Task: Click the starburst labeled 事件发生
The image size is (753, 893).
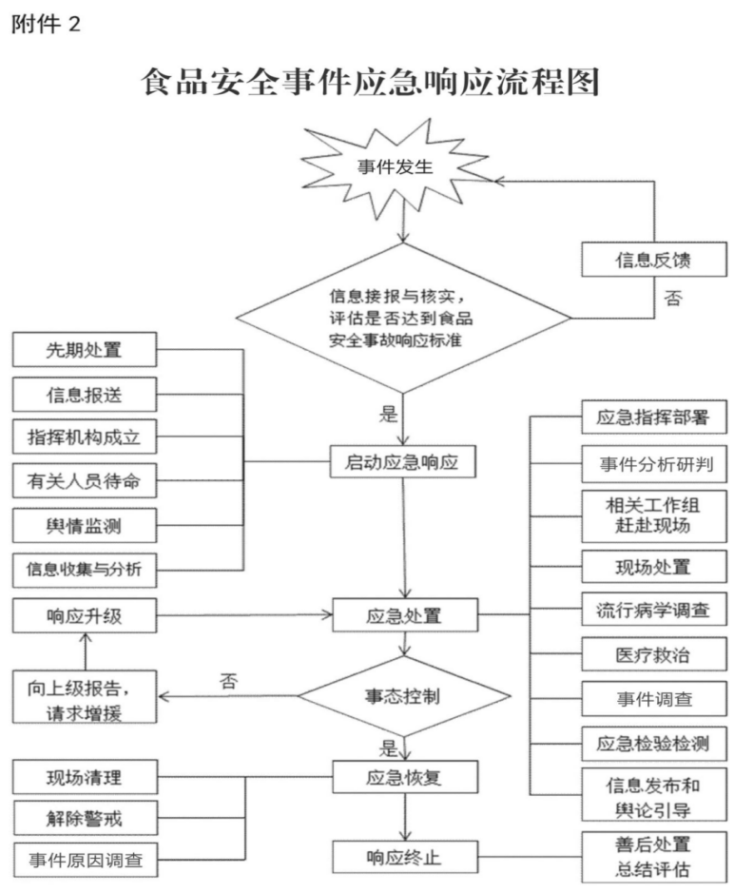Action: (395, 167)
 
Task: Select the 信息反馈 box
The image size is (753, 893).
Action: (654, 260)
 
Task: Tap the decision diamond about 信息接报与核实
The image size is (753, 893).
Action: (403, 318)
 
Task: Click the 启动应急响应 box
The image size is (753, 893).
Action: (402, 461)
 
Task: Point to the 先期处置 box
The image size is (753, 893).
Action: (85, 350)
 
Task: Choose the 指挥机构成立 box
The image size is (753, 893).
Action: (85, 437)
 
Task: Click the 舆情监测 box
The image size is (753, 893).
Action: (85, 526)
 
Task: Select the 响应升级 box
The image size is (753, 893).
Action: (85, 615)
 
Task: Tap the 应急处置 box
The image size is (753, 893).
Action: (405, 615)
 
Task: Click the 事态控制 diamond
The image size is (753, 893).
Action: (403, 696)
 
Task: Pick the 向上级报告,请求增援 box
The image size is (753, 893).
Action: (85, 697)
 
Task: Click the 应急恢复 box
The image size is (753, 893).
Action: (405, 777)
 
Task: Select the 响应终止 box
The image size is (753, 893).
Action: (405, 857)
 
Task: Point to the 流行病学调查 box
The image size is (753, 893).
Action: (654, 610)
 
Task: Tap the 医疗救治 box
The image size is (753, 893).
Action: (654, 653)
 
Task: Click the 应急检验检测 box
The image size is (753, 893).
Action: (654, 744)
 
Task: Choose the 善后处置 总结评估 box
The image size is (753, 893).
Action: (654, 857)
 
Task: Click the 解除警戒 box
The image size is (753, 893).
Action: (85, 819)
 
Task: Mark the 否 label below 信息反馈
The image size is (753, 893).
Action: (673, 298)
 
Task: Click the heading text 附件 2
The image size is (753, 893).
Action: (46, 24)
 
